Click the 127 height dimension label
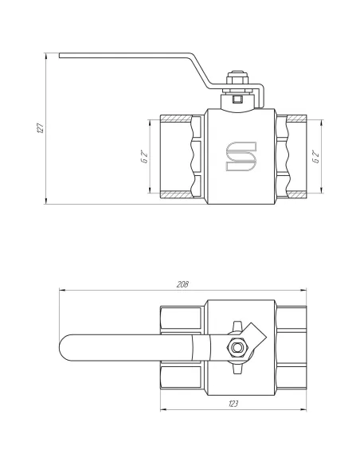tap(41, 128)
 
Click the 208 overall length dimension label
tap(182, 284)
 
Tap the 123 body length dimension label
tap(233, 404)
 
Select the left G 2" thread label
tap(145, 157)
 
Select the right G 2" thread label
tap(316, 157)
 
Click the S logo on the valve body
tap(241, 156)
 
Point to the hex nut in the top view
tap(237, 347)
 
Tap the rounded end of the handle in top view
tap(63, 348)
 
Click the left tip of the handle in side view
tap(60, 56)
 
